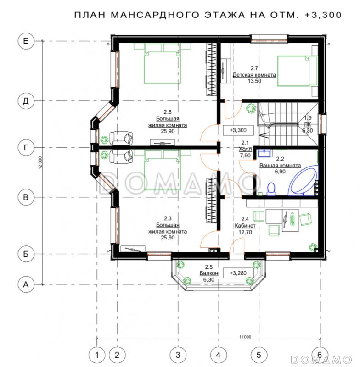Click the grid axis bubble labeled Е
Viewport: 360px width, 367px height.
[x=26, y=41]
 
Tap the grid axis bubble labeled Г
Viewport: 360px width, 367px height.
[x=26, y=147]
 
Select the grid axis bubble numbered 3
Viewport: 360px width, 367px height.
[x=178, y=355]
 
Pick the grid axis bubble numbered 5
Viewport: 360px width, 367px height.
[x=259, y=355]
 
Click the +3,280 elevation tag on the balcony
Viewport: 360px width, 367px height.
[x=238, y=273]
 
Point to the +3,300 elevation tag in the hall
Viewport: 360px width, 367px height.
[x=238, y=130]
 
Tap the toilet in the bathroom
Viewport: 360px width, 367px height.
[x=271, y=189]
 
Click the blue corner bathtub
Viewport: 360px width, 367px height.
[x=303, y=181]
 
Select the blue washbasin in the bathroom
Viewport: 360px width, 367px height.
[x=265, y=153]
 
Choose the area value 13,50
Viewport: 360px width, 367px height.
[x=254, y=81]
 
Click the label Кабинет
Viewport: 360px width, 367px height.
[x=245, y=226]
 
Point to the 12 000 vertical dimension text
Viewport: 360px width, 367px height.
[x=40, y=163]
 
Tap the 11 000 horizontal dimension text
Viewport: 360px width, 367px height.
[x=245, y=337]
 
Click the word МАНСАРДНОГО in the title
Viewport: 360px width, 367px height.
[x=154, y=15]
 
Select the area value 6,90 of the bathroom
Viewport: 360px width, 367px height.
[x=280, y=172]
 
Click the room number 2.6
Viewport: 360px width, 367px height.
[x=168, y=112]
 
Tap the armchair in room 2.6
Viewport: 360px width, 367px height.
[x=121, y=139]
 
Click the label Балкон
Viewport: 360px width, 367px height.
[x=209, y=273]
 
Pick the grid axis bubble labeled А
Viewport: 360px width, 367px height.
[x=26, y=284]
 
